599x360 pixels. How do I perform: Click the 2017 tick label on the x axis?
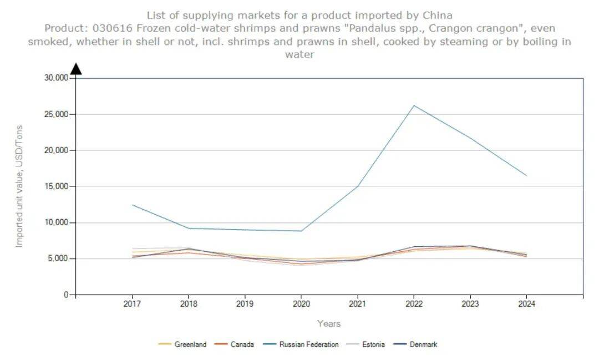pos(132,304)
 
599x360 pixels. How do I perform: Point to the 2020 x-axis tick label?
pos(301,304)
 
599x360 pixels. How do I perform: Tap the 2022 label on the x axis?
pos(414,304)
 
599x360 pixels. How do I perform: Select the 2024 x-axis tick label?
pos(526,304)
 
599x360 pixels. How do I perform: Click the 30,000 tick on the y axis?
pos(55,78)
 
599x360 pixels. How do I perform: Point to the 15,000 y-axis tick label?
pos(55,186)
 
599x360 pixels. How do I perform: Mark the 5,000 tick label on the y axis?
pos(57,258)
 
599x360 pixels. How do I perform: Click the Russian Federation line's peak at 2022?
pos(414,105)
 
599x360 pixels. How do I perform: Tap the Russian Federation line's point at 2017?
pos(132,205)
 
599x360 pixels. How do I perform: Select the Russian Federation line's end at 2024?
pos(526,175)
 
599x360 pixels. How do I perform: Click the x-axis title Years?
pos(329,323)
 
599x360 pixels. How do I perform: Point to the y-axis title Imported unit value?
pos(19,186)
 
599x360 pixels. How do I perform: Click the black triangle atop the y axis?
pos(76,69)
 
